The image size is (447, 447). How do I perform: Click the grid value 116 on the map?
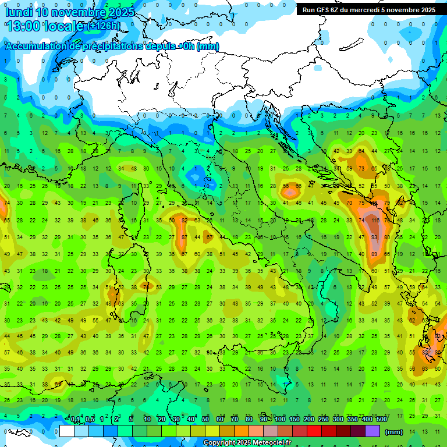click(375, 221)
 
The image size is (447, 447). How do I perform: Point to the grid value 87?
click(184, 237)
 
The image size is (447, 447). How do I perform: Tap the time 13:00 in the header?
click(26, 26)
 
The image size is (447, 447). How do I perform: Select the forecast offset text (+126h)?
click(104, 26)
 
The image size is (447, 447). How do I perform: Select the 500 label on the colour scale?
click(381, 420)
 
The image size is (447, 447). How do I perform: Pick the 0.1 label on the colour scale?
click(75, 420)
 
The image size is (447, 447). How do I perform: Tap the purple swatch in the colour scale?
click(372, 431)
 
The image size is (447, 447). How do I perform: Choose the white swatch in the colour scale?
click(67, 431)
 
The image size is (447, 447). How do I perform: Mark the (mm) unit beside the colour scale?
click(395, 431)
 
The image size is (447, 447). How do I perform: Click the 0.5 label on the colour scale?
click(90, 420)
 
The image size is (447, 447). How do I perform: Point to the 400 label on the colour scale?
click(367, 420)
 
